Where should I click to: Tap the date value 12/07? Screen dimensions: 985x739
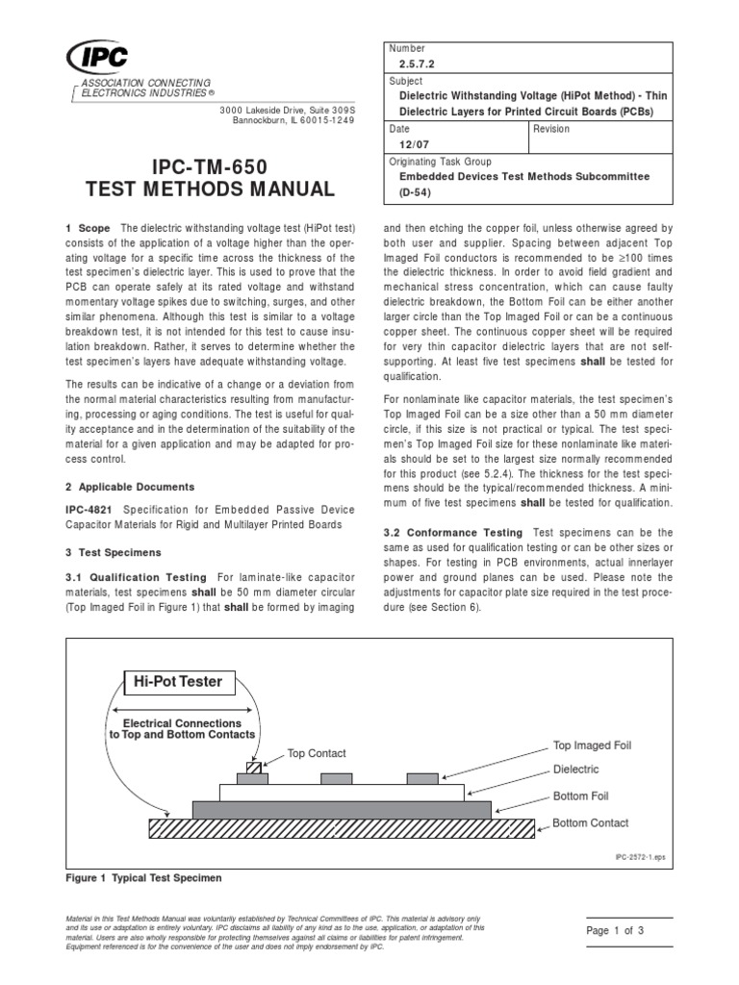(x=413, y=147)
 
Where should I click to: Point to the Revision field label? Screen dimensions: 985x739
(x=552, y=128)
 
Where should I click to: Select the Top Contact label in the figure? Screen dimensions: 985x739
(x=318, y=753)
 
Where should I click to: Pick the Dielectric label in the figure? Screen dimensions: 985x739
(x=575, y=770)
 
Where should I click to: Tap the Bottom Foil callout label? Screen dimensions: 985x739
(x=580, y=796)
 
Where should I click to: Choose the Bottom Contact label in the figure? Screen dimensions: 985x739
(x=590, y=823)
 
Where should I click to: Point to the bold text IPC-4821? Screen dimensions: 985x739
(x=88, y=510)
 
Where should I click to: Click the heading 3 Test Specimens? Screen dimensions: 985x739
(x=114, y=553)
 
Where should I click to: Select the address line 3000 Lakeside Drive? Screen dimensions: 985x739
(x=286, y=110)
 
